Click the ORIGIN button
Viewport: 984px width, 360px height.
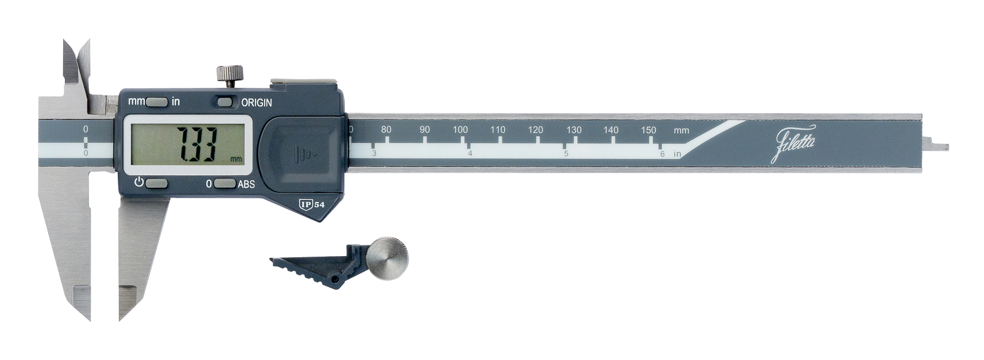click(225, 102)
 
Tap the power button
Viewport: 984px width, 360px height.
click(156, 184)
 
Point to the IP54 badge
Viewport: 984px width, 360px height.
click(312, 204)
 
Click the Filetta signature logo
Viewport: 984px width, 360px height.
click(794, 142)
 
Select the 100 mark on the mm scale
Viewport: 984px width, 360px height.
click(460, 130)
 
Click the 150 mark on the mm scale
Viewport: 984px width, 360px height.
click(649, 130)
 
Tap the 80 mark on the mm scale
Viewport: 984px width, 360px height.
click(386, 130)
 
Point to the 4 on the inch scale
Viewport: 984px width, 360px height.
click(470, 153)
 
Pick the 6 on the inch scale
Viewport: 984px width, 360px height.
click(662, 154)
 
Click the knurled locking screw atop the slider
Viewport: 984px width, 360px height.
click(229, 75)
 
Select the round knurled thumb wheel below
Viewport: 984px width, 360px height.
click(388, 258)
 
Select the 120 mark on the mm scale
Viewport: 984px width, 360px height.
click(535, 130)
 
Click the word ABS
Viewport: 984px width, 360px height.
click(246, 184)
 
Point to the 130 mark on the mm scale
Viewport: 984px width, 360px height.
click(574, 130)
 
